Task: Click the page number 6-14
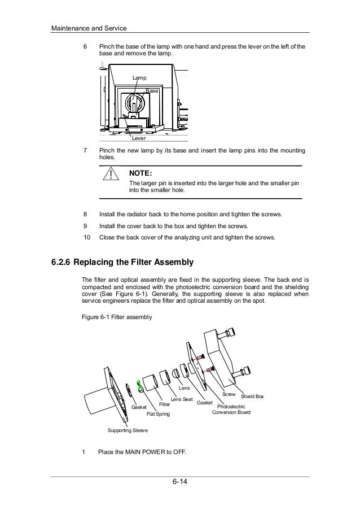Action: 180,482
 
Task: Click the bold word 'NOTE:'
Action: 141,173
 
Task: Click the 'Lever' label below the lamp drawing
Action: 138,137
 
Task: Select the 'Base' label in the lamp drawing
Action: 152,90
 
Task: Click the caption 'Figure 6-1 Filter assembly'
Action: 117,317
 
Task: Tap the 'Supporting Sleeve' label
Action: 128,430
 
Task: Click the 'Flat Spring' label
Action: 158,414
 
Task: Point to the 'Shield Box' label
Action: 252,396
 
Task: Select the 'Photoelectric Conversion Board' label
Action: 231,409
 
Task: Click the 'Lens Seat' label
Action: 182,399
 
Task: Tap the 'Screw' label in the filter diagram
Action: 229,394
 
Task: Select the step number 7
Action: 85,151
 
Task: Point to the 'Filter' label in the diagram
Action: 164,404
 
